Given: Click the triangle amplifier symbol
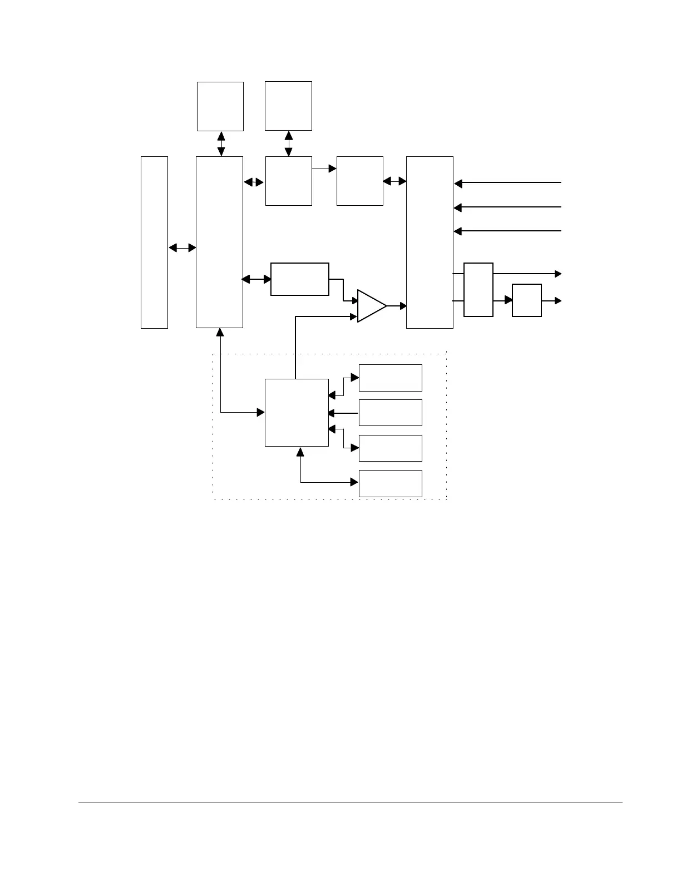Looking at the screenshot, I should click(x=369, y=306).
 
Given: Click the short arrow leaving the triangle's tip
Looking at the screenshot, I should click(x=397, y=305).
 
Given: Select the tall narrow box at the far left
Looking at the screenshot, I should click(x=154, y=242).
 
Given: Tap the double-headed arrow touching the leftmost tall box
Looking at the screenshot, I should click(x=182, y=248).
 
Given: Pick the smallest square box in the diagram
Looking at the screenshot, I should click(x=526, y=300).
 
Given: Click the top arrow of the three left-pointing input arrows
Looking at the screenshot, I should click(x=507, y=182).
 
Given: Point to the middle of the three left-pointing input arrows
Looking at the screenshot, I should click(x=507, y=207).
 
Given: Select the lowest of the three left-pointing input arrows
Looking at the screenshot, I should click(x=507, y=231).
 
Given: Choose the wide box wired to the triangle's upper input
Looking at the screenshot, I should click(x=299, y=279).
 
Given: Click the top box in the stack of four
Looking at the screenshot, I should click(x=390, y=378).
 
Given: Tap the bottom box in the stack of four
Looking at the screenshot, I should click(x=390, y=483).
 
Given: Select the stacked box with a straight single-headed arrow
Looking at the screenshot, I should click(x=390, y=413).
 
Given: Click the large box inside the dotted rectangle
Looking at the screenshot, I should click(x=297, y=413).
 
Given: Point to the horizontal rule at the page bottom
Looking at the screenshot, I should click(x=350, y=803).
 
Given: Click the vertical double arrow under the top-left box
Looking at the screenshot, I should click(x=221, y=143).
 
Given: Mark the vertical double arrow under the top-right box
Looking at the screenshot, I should click(x=288, y=143).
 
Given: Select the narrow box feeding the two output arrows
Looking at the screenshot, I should click(x=478, y=290).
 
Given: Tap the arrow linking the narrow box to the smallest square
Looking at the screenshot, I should click(x=502, y=300).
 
